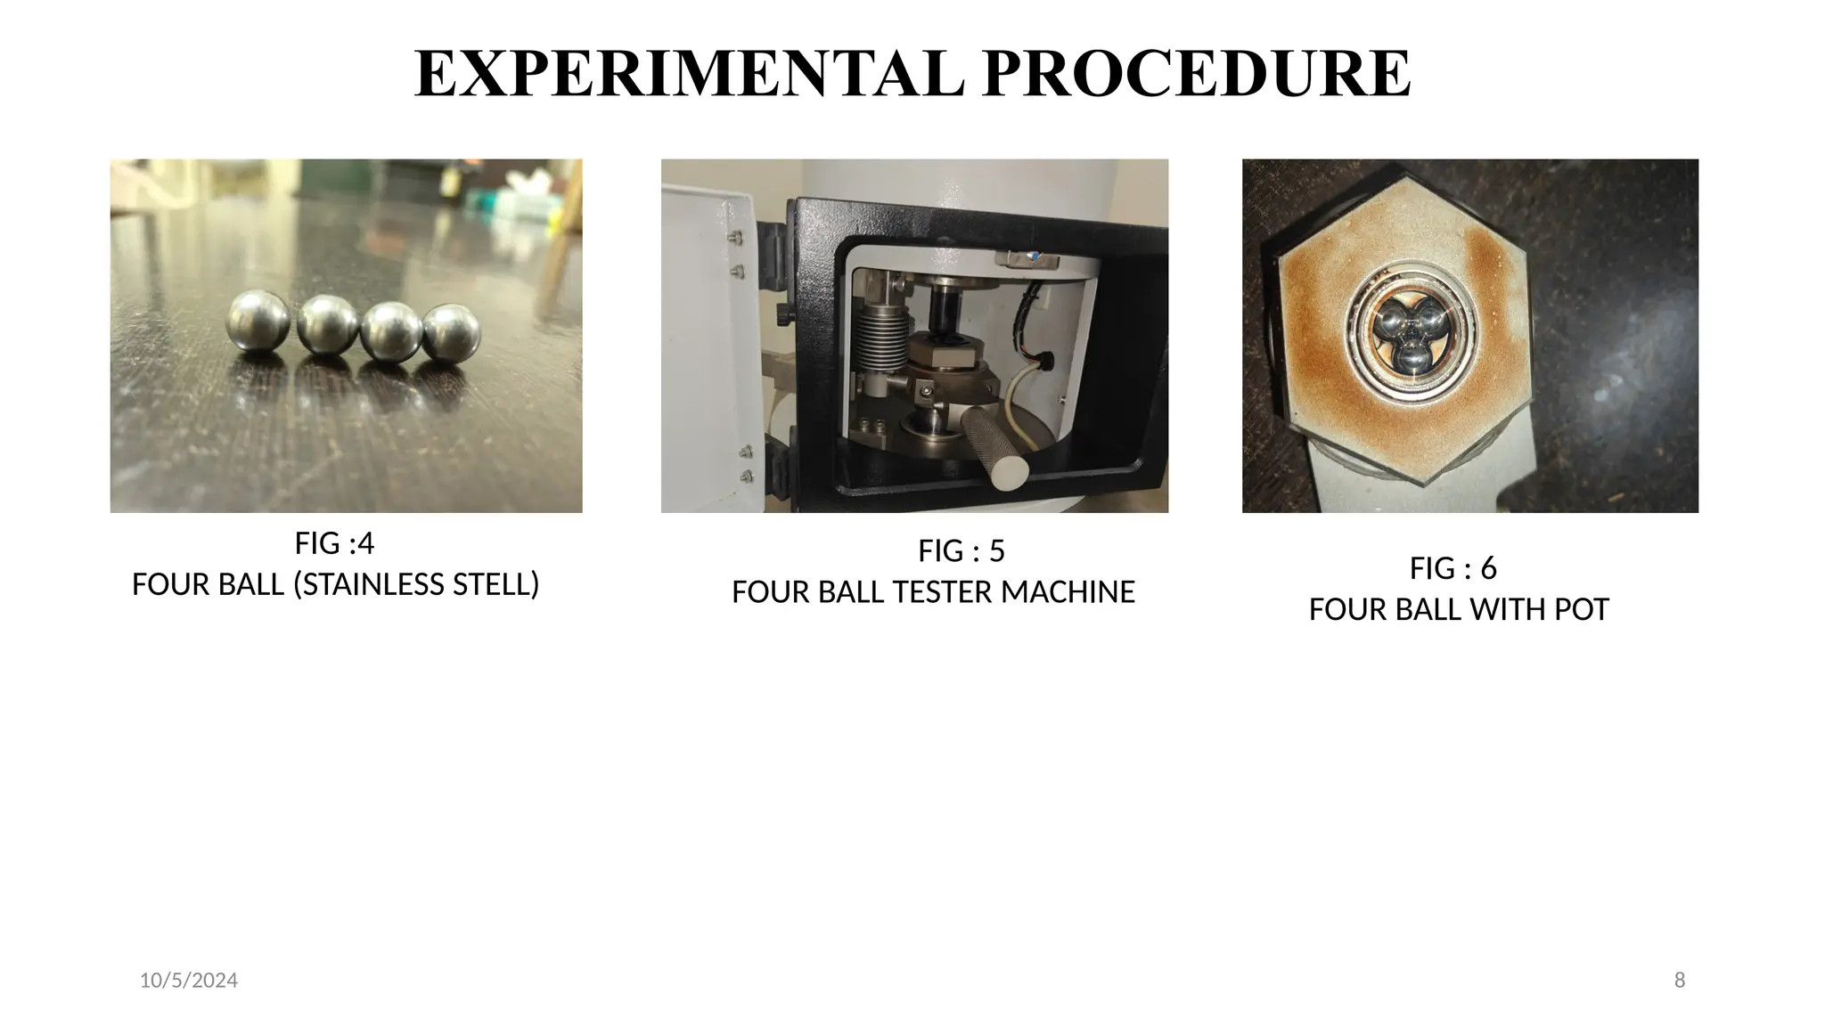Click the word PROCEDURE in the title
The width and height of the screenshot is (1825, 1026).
tap(1196, 74)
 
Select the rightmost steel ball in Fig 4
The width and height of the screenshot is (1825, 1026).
tap(452, 332)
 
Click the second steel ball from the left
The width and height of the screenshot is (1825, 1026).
tap(327, 325)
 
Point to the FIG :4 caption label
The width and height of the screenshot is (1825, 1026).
tap(334, 542)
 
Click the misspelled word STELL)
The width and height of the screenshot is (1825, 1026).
tap(495, 584)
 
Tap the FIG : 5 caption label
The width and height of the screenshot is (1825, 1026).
tap(961, 551)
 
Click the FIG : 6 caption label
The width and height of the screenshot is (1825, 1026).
tap(1453, 568)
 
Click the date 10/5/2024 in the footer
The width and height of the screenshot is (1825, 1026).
tap(189, 981)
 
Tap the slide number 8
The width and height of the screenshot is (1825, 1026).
tap(1680, 981)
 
